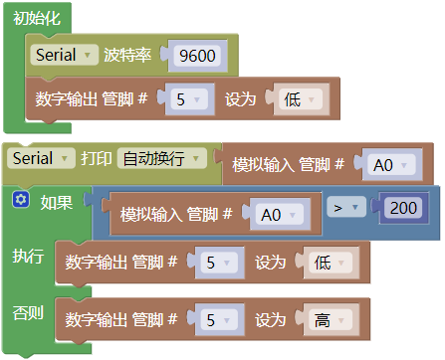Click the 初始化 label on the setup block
pos(37,18)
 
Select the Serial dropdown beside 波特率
pos(64,55)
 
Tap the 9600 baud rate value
pos(197,55)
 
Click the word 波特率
pos(127,55)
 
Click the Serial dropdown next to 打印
pos(41,158)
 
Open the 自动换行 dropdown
pos(161,158)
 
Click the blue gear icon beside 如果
pos(21,200)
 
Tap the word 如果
pos(56,202)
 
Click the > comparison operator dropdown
pos(346,208)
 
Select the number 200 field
pos(403,208)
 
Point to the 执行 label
pos(28,256)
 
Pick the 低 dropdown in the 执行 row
pos(331,263)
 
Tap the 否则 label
pos(28,312)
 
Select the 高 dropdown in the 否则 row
pos(331,320)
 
